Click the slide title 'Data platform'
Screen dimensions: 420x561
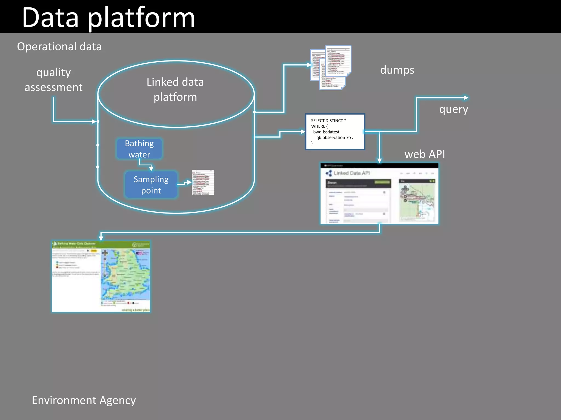[108, 18]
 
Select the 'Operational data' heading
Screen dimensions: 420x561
[59, 46]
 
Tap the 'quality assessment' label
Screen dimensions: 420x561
[54, 80]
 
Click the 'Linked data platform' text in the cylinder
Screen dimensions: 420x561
[175, 89]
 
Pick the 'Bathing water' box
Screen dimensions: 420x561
[139, 149]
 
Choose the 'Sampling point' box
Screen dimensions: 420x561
[151, 185]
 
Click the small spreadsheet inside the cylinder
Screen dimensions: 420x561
[203, 182]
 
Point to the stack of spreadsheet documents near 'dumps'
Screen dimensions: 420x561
[331, 67]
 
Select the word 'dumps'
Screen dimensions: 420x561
[397, 70]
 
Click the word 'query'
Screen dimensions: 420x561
[454, 109]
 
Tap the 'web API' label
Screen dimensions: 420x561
[425, 154]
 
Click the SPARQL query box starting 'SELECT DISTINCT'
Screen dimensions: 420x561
[335, 132]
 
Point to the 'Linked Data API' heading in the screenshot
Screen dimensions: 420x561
[351, 173]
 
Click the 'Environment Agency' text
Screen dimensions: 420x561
[84, 400]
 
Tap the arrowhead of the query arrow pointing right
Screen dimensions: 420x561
[466, 98]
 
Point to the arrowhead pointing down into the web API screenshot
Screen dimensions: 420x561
[379, 161]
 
